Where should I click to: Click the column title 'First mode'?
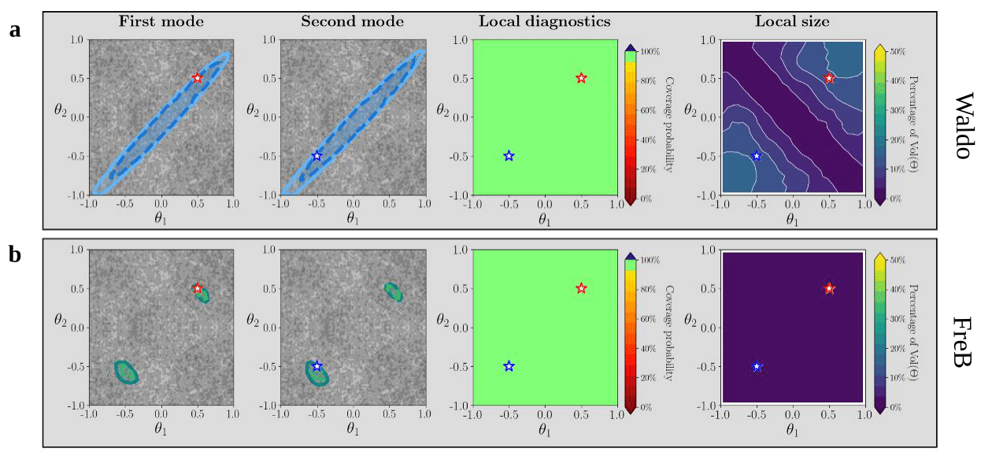[x=161, y=21]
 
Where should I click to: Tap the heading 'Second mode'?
[x=352, y=21]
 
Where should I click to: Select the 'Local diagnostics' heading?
[x=544, y=21]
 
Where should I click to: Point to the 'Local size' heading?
[x=792, y=21]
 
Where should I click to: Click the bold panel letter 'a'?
[x=15, y=31]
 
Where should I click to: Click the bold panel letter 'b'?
[x=15, y=254]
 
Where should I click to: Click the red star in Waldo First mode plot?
[x=198, y=78]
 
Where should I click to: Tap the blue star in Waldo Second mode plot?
[x=317, y=155]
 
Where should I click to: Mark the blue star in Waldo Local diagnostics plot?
[x=509, y=155]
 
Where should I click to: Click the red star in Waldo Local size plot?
[x=829, y=78]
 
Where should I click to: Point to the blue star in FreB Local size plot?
[x=757, y=366]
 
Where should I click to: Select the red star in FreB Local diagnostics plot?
[x=581, y=288]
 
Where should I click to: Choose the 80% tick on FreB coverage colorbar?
[x=647, y=290]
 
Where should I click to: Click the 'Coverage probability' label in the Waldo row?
[x=669, y=124]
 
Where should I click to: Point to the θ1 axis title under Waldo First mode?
[x=161, y=218]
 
